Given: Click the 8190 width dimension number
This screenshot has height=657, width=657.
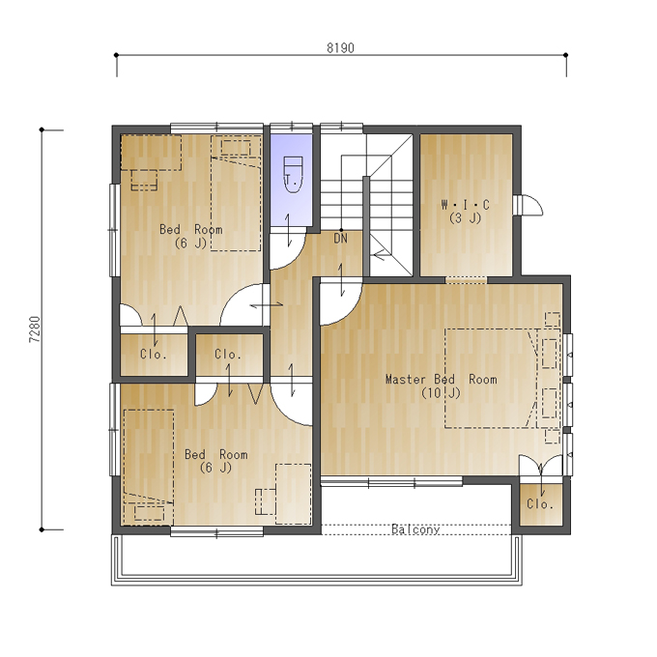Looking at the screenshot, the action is [x=340, y=47].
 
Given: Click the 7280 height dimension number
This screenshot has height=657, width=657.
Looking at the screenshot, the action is [x=35, y=329].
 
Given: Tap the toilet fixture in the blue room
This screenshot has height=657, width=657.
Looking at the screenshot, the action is [x=293, y=175].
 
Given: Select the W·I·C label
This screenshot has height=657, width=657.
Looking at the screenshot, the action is [x=465, y=205].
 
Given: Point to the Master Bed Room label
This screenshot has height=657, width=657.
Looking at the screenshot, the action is [x=442, y=379].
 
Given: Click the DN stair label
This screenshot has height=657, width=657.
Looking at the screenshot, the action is [x=341, y=239].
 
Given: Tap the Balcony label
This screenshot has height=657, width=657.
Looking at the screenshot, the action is [x=415, y=529].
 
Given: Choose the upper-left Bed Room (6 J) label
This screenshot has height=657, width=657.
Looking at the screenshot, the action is [x=191, y=236].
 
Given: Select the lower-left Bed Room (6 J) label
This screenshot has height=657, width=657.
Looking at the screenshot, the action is [x=216, y=461].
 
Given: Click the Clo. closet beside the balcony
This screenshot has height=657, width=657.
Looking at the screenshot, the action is [x=540, y=503].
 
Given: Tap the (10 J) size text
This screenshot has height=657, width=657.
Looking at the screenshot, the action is [x=441, y=393].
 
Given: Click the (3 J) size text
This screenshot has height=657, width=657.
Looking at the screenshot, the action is [x=465, y=218].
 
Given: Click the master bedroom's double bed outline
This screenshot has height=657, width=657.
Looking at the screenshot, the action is [x=491, y=379].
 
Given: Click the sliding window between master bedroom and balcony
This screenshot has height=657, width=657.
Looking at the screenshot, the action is [x=391, y=481].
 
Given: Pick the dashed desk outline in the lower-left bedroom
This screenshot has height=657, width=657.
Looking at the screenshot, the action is [x=293, y=494].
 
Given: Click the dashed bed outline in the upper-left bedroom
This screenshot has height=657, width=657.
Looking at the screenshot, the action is [x=236, y=193].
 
